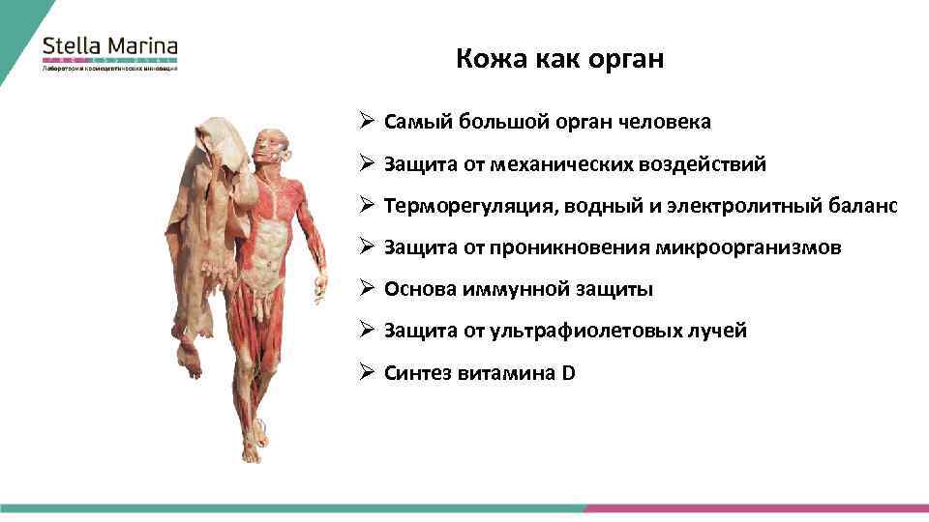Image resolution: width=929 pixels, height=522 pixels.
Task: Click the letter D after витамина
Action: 568,372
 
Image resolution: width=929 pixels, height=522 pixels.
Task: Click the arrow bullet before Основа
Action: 368,288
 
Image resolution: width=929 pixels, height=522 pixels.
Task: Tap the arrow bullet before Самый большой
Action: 368,122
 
